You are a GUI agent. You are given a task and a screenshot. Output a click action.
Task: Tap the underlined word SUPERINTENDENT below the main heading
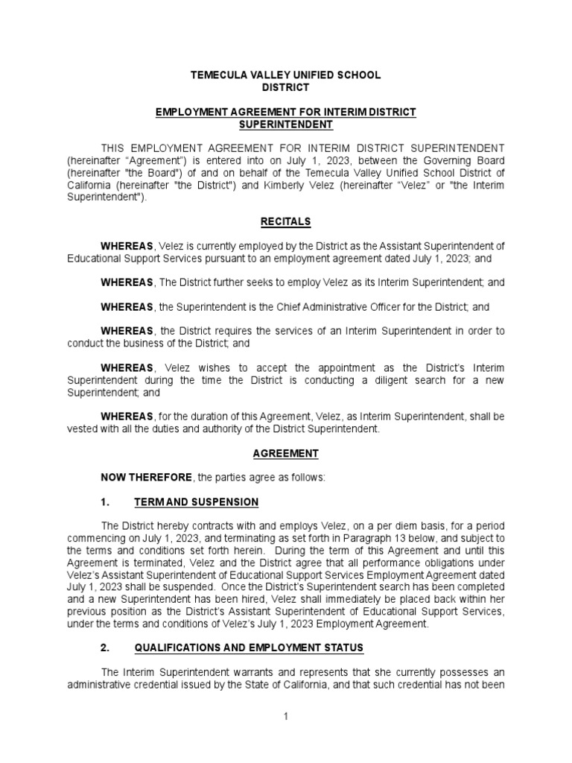tap(285, 124)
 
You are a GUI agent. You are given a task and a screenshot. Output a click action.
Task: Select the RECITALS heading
tap(285, 221)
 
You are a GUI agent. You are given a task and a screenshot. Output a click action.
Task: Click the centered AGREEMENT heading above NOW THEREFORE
tap(285, 453)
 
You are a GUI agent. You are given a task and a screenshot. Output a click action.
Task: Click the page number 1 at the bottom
tap(285, 716)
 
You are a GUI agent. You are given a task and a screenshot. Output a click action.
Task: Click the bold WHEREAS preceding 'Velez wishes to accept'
tap(125, 367)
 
